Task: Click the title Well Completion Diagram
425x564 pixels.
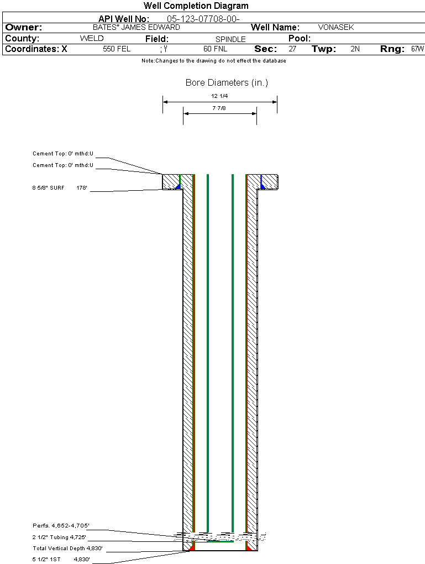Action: [196, 6]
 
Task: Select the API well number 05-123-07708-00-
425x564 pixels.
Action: [203, 19]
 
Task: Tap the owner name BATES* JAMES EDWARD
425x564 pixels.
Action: [137, 27]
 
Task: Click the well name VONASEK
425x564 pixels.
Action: [336, 27]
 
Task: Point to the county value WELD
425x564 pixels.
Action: [92, 39]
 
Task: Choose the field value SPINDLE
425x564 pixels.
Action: [230, 39]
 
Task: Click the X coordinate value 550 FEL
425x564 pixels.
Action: [117, 49]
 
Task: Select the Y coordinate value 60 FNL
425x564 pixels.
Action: [215, 49]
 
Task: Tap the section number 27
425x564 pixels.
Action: [292, 49]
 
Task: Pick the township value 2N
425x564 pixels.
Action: [355, 49]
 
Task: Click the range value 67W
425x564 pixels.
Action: [417, 49]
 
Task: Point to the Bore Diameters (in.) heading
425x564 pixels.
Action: [227, 83]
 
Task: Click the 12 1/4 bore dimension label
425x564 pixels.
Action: [219, 96]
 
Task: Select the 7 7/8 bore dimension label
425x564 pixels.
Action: [219, 108]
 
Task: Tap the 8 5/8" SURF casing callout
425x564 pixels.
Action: [48, 188]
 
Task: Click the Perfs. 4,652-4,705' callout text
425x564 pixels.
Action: [61, 525]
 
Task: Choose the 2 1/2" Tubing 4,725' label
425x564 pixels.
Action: [59, 537]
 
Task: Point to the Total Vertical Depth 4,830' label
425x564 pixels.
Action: [67, 548]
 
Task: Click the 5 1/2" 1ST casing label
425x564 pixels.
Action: [46, 560]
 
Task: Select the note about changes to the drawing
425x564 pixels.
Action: [213, 61]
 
